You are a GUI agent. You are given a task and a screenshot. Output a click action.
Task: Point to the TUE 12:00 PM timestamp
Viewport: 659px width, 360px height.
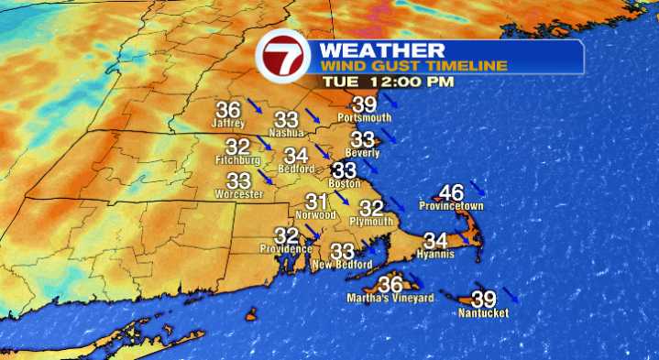tap(387, 82)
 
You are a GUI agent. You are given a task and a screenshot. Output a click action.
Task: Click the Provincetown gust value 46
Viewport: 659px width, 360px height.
tap(451, 192)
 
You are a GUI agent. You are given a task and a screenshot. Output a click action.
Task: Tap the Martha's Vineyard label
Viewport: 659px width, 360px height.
tap(390, 298)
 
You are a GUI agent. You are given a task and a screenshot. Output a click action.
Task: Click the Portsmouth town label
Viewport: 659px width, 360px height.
tap(365, 118)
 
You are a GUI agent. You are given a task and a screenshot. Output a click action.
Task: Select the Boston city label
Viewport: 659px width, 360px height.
tap(344, 182)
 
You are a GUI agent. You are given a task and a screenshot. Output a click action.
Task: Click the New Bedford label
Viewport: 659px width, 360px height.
tap(341, 265)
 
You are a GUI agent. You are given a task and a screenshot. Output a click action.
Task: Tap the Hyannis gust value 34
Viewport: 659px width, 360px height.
tap(435, 241)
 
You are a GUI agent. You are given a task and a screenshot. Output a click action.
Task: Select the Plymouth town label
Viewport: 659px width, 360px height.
tap(372, 222)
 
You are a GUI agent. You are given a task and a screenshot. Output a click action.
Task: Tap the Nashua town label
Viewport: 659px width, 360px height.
tap(285, 133)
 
